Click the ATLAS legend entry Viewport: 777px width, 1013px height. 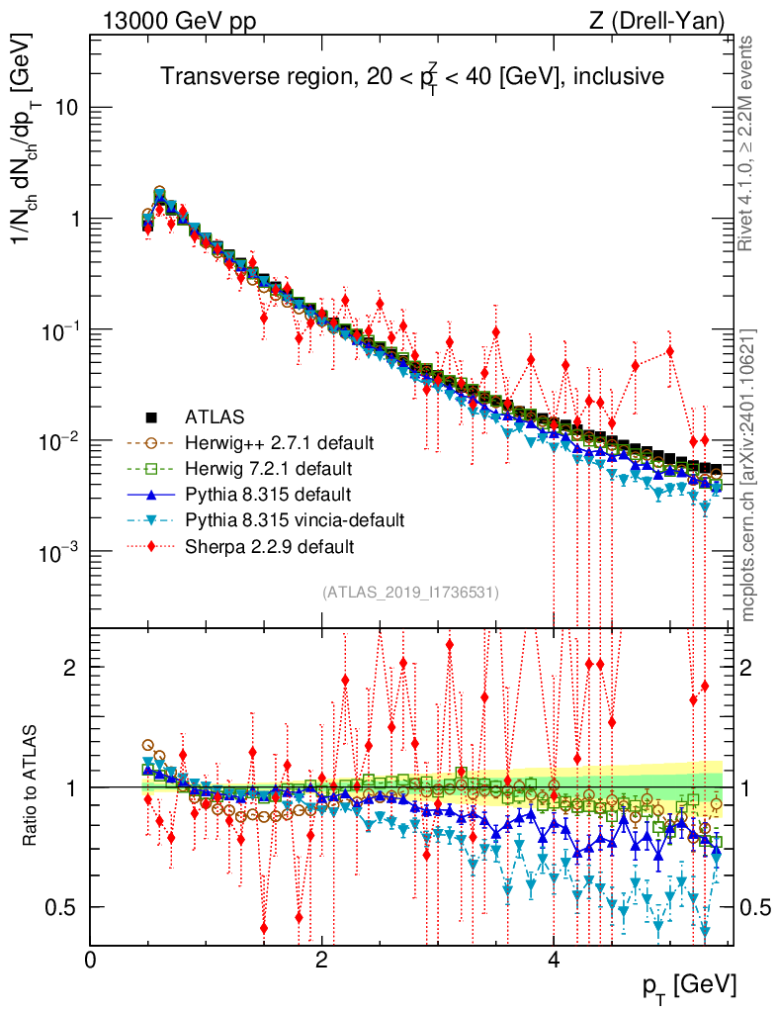coord(212,416)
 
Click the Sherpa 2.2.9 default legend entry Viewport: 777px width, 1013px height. coord(261,545)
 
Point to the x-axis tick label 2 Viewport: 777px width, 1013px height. coord(321,960)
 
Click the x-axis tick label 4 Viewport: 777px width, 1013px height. coord(554,960)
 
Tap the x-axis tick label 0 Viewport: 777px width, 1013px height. coord(90,960)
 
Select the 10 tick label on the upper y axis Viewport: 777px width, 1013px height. coord(67,108)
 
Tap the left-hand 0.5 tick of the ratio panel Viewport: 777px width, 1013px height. coord(67,907)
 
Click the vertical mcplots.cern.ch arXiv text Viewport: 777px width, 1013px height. coord(749,475)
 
